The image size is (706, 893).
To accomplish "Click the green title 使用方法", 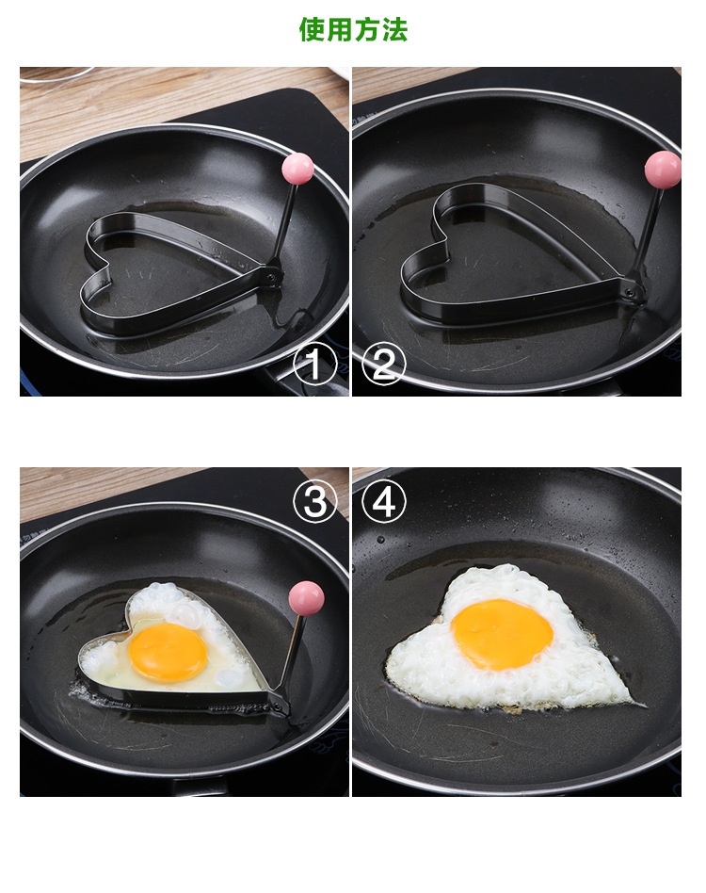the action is coord(353,29).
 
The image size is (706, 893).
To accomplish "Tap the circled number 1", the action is coord(314,364).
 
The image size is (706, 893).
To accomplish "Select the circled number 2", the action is coord(383,364).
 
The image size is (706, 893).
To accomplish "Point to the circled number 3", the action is coord(314,502).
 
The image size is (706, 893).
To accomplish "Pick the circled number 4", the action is coord(383,502).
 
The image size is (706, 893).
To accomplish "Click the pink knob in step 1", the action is coord(297,169).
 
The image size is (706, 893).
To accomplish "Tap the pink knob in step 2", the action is coord(663,170).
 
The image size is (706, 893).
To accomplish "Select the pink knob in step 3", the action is coord(307,598).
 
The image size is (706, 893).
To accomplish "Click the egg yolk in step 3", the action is coord(168,652).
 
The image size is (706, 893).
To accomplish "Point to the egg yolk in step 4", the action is coord(502,635).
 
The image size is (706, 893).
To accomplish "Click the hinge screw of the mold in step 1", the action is coord(271,278).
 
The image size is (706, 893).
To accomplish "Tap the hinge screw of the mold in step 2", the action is coord(630,293).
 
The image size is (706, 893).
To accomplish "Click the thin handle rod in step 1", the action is coord(284,224).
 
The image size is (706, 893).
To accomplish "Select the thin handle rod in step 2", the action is coord(649,234).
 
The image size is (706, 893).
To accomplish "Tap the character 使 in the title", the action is coord(312,29).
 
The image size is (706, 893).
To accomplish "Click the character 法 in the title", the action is coord(395,29).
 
